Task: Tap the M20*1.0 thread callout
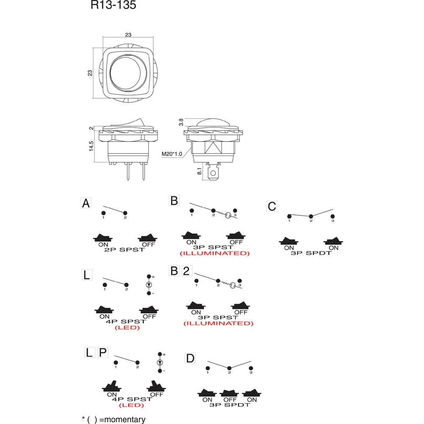172,154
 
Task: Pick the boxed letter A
86,204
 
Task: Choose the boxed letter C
272,206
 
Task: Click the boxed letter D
190,359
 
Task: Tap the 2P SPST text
125,250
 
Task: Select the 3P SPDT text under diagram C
310,254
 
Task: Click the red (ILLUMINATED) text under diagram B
215,253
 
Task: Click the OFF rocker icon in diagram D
229,393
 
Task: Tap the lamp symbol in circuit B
228,215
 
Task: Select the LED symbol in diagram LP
160,363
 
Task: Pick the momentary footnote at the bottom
113,419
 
